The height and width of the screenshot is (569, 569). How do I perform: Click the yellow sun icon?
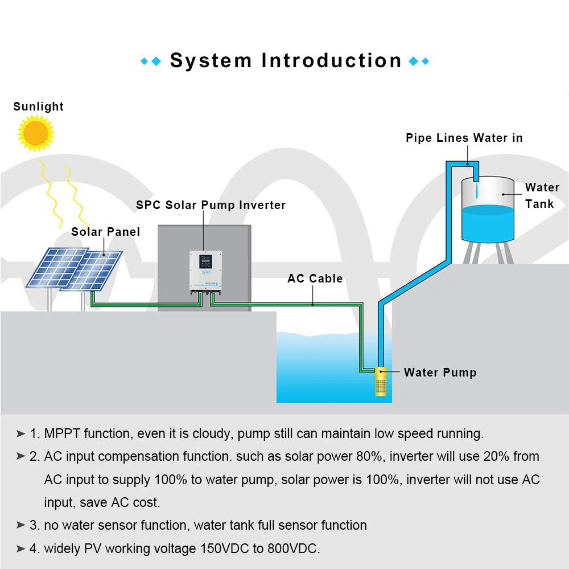(36, 133)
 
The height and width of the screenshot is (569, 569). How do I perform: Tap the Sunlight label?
(38, 107)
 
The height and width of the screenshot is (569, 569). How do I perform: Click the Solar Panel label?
(105, 231)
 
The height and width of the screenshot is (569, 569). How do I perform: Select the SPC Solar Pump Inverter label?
(211, 205)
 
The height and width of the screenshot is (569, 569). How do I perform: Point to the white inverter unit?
(205, 272)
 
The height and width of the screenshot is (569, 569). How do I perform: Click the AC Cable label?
(315, 279)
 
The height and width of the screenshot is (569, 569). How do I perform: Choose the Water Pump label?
(440, 372)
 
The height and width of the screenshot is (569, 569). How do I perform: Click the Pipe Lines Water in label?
(464, 138)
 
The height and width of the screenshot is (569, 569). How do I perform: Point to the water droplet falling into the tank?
(476, 187)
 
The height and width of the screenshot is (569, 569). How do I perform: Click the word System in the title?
(211, 60)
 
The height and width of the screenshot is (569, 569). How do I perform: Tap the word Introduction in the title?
(332, 60)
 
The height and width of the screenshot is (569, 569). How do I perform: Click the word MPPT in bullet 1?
(62, 433)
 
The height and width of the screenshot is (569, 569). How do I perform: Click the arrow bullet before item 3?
(21, 525)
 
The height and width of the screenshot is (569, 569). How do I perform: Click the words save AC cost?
(102, 502)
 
